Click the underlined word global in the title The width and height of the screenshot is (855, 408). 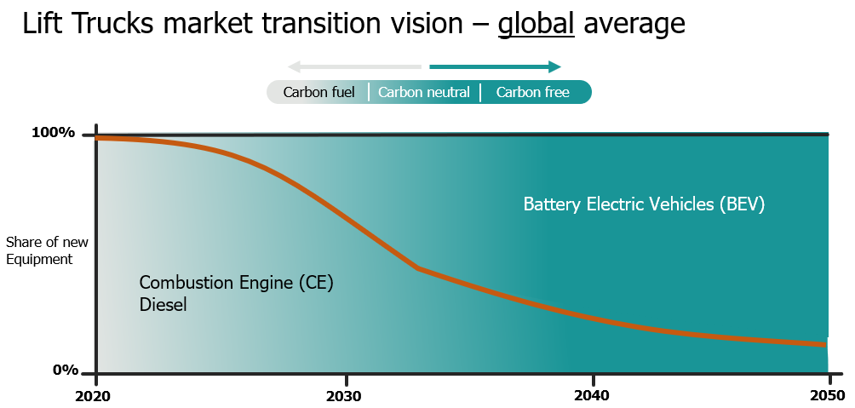click(537, 24)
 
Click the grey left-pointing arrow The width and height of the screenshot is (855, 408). click(354, 66)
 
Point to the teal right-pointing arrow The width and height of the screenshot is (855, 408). click(495, 66)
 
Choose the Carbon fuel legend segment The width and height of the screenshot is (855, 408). click(318, 92)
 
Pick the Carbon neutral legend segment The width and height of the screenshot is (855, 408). click(424, 92)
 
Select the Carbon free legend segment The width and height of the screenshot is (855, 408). click(532, 92)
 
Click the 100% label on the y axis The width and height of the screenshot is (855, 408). click(54, 133)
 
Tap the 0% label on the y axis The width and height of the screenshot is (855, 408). click(66, 370)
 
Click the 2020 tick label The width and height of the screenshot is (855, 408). click(96, 396)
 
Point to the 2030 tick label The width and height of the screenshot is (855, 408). click(344, 396)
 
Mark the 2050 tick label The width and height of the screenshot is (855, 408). click(826, 396)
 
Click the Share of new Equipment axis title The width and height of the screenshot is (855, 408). click(47, 250)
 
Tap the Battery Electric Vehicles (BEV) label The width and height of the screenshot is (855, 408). click(644, 204)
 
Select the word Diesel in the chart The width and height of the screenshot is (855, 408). click(163, 304)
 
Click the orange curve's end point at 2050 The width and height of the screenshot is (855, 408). click(825, 344)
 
